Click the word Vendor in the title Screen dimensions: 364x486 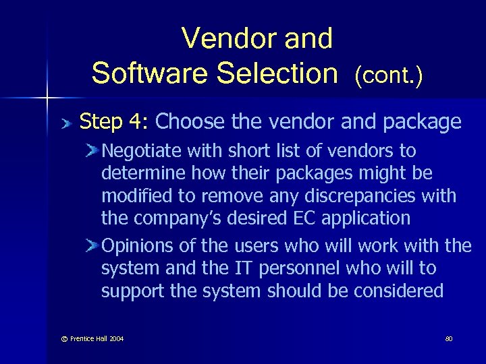222,39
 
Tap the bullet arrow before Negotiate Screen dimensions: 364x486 92,150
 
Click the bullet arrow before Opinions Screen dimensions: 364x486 92,246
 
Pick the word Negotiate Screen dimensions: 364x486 140,150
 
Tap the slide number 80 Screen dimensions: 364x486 449,338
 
